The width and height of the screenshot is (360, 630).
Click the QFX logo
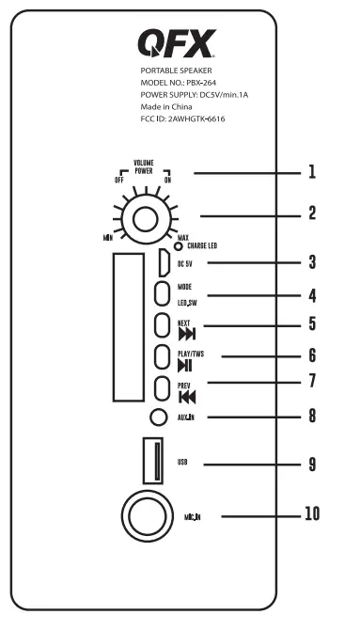[177, 43]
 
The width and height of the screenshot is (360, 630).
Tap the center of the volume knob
[146, 219]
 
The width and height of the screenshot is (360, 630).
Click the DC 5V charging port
[164, 262]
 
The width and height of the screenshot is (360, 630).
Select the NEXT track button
[162, 324]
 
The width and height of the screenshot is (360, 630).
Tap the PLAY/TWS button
[162, 356]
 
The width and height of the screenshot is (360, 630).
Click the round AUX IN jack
[158, 417]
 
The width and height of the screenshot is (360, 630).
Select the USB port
[153, 461]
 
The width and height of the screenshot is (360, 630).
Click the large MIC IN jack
[148, 516]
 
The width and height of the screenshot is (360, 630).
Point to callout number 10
[312, 514]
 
